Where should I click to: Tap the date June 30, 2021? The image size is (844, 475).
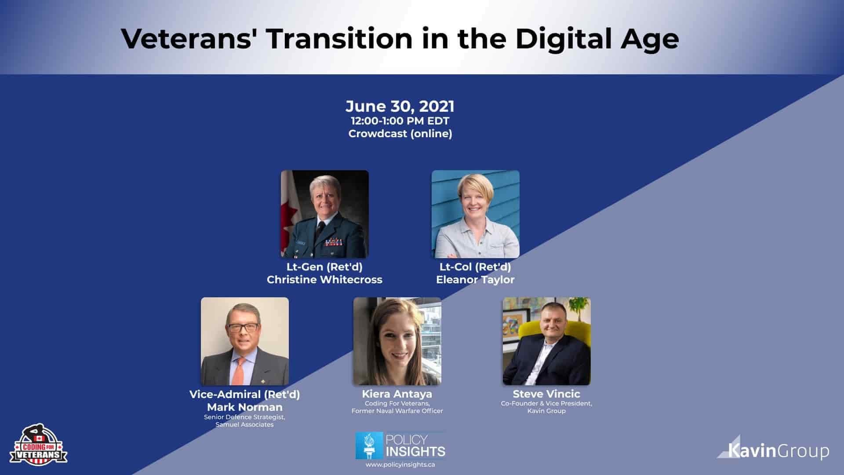(400, 106)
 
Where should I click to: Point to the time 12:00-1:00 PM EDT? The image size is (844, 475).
(400, 121)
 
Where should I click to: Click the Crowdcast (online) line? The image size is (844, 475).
(400, 134)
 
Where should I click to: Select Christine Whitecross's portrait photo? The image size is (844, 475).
(325, 214)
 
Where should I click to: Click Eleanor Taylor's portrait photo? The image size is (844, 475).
(475, 214)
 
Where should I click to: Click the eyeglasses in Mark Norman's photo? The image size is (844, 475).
(242, 327)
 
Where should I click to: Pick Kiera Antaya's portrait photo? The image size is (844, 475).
(397, 341)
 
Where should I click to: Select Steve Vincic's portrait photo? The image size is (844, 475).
(546, 341)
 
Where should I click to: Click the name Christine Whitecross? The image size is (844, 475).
(324, 280)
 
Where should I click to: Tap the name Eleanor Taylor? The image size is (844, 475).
(475, 280)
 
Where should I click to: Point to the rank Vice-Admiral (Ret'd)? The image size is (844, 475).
(244, 394)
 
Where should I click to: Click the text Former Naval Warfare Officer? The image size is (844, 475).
(397, 411)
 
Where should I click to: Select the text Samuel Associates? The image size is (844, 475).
(244, 424)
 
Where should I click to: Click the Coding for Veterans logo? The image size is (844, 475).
(38, 445)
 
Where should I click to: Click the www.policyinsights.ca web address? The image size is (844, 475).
(400, 465)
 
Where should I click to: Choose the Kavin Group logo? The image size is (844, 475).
(774, 449)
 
